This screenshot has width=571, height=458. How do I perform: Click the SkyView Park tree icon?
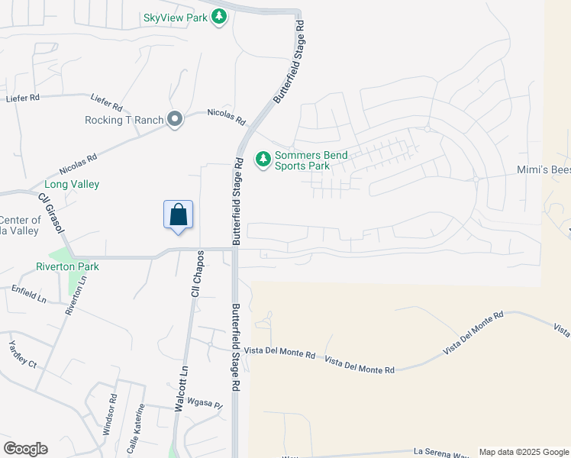[x=220, y=16]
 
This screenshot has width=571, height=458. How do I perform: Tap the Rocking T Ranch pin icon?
[x=176, y=119]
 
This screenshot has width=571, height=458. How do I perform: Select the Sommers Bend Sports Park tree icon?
[x=263, y=160]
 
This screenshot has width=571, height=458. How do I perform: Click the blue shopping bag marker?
[x=178, y=215]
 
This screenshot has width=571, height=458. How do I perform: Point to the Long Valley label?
[x=72, y=184]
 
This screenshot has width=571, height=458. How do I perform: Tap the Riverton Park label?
[x=67, y=266]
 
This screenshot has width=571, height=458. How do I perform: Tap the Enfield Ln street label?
[x=29, y=294]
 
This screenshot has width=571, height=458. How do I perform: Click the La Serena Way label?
[x=440, y=452]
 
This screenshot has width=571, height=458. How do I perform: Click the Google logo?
[x=25, y=449]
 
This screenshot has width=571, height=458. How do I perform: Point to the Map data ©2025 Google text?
[x=523, y=452]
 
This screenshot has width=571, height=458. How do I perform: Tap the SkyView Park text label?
[x=176, y=17]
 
